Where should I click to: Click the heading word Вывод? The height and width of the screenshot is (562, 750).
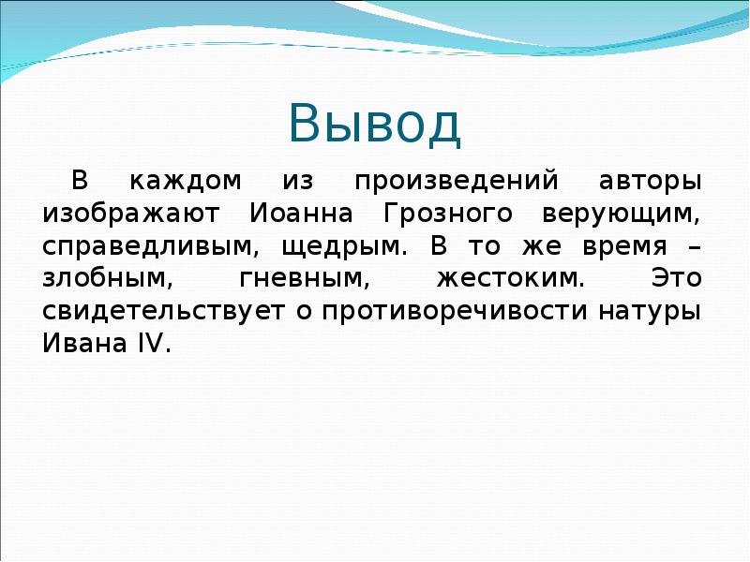pyautogui.click(x=374, y=125)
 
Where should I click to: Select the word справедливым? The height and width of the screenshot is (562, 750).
pyautogui.click(x=146, y=246)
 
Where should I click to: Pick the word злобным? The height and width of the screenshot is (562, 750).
pyautogui.click(x=101, y=278)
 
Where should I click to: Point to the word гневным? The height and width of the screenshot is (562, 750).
pyautogui.click(x=294, y=278)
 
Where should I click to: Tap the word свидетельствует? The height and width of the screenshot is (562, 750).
pyautogui.click(x=162, y=311)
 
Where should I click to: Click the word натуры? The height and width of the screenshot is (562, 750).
pyautogui.click(x=650, y=311)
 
